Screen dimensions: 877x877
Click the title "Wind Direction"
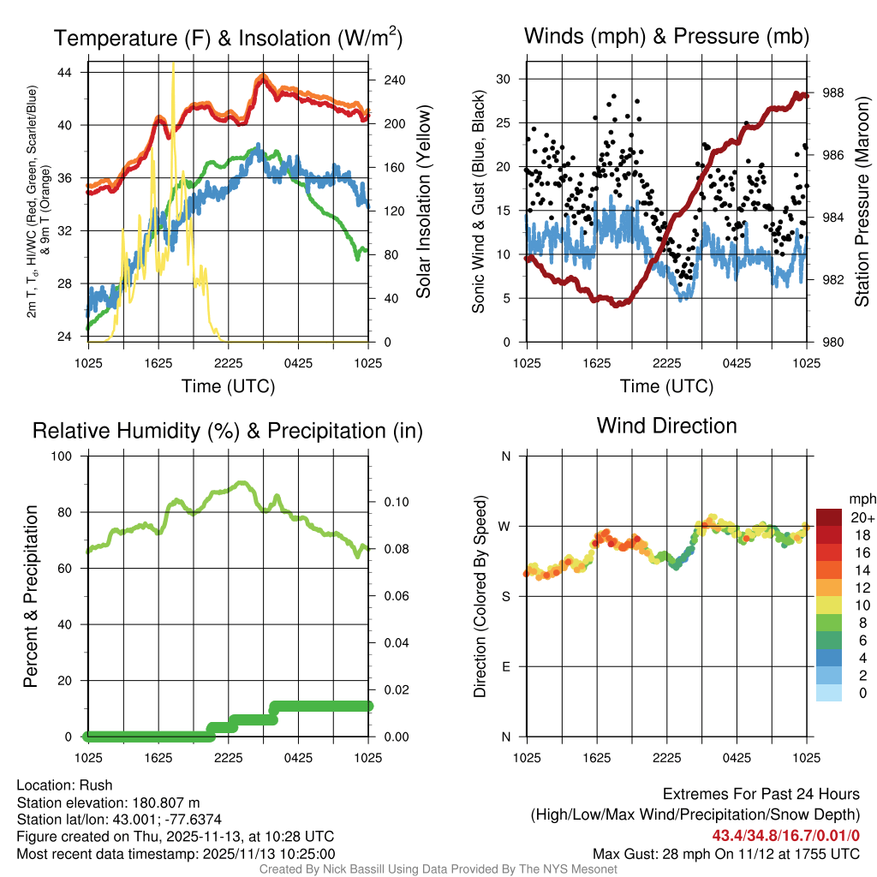pos(666,426)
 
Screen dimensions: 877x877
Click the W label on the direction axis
pos(505,526)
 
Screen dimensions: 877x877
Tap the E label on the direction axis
pos(506,666)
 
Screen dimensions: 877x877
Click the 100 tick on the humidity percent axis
pos(68,456)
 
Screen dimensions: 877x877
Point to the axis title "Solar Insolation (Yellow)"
pos(424,202)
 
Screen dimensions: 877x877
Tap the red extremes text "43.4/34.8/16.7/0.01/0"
pos(785,835)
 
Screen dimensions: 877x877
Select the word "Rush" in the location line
pos(96,785)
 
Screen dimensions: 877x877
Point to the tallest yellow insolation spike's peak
pos(174,63)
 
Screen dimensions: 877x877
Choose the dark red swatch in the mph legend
pos(829,516)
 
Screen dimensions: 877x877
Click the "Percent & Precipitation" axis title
pos(30,596)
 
